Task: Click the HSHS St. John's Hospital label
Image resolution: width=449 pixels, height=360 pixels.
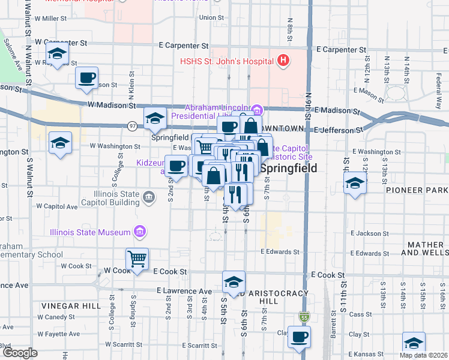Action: [227, 61]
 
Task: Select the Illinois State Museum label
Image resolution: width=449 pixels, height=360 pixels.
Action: [90, 232]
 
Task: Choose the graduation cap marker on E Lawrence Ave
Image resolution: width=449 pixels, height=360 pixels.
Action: [234, 281]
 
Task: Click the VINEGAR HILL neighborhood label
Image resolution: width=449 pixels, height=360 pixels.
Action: [71, 305]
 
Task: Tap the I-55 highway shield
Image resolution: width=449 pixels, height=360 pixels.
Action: [305, 316]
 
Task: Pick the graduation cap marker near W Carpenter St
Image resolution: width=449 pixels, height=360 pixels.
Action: [58, 55]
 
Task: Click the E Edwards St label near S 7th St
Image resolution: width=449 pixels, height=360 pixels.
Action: [280, 253]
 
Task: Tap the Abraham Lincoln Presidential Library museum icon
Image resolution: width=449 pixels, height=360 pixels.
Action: [257, 110]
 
